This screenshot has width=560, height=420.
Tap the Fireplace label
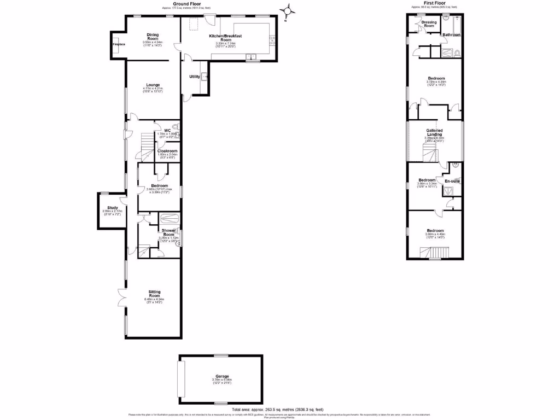tap(118, 44)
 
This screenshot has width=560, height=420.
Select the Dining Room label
tap(153, 37)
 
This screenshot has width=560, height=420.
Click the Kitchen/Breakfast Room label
tap(225, 38)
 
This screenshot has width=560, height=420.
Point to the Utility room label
tap(194, 77)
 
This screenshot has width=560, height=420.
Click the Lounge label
tap(153, 85)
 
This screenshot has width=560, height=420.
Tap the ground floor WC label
tap(160, 130)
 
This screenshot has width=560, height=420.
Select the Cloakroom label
tap(167, 150)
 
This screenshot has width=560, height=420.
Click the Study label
tap(113, 208)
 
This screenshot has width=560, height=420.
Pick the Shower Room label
tap(167, 232)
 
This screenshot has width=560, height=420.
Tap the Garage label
tap(221, 376)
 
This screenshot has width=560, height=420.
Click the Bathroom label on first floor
tap(452, 35)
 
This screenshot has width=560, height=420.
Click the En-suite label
tap(452, 180)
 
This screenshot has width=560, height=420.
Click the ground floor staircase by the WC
tap(147, 145)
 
